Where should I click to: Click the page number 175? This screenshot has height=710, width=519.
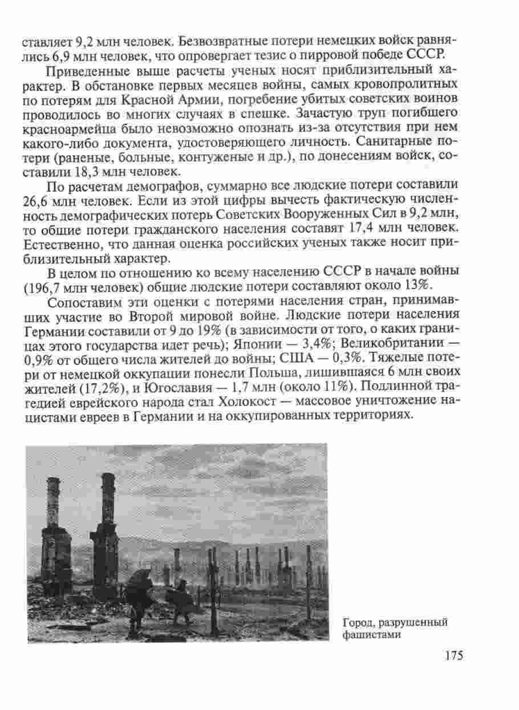click(452, 655)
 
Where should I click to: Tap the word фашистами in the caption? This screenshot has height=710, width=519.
click(369, 633)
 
